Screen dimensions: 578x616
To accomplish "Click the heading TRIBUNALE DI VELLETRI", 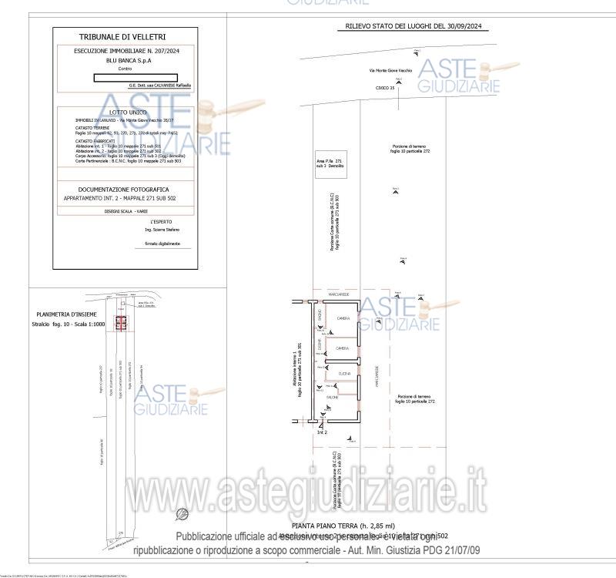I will pyautogui.click(x=122, y=36).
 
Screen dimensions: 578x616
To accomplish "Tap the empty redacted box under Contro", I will pyautogui.click(x=136, y=77).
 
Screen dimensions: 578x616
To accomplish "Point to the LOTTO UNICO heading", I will pyautogui.click(x=122, y=113).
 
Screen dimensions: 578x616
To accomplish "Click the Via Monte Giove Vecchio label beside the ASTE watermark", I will pyautogui.click(x=390, y=70).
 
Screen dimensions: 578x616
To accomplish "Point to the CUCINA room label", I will pyautogui.click(x=343, y=374).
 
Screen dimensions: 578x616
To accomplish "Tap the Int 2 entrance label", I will pyautogui.click(x=322, y=433).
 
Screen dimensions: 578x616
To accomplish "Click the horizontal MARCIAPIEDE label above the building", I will pyautogui.click(x=339, y=294).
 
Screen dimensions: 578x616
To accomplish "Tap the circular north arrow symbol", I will pyautogui.click(x=182, y=512).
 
